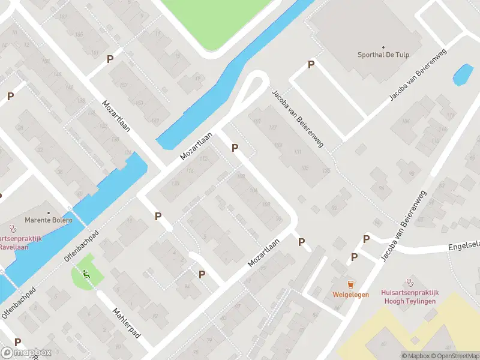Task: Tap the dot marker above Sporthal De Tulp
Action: [383, 47]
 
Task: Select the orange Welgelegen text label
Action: [350, 295]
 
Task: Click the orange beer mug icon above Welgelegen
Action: [350, 284]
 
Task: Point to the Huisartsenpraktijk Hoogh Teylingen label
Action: [410, 297]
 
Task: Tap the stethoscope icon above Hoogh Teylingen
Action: [410, 281]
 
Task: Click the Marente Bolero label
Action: [48, 220]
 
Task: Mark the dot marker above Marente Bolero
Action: [49, 211]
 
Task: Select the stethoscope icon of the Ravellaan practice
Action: [11, 228]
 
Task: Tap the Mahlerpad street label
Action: [127, 323]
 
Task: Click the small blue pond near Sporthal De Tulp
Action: [463, 75]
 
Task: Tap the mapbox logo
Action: [26, 353]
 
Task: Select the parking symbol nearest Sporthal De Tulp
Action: [311, 65]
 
